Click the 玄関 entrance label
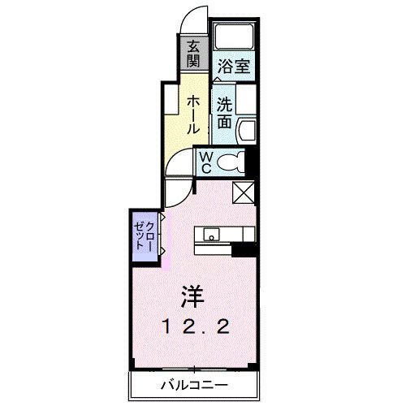coord(194,54)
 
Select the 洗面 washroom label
coord(225,112)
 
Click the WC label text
coord(206,162)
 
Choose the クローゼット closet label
coord(145,234)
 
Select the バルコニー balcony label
coord(193,384)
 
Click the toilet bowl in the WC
coord(235,162)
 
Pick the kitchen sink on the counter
coord(211,236)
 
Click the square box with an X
coord(244,192)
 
